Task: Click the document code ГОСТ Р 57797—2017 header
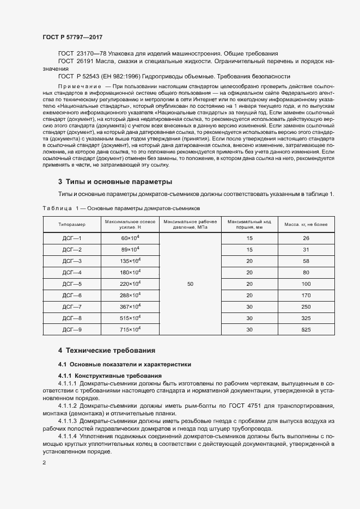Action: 72,37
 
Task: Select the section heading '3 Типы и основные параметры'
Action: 115,181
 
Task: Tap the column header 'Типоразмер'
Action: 71,224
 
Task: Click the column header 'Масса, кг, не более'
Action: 306,224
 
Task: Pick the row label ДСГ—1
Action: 71,238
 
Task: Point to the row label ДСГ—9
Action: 71,329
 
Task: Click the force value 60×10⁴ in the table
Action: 130,238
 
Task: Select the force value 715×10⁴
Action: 130,329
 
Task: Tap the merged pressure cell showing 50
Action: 190,284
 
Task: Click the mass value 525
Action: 306,329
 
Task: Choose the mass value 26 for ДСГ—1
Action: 306,238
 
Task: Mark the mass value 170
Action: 306,296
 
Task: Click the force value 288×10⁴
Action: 130,296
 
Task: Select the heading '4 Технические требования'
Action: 107,351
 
